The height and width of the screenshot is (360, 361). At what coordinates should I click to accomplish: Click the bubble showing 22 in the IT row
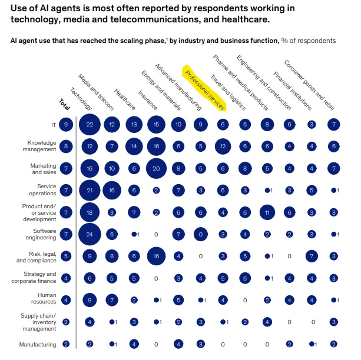(90, 125)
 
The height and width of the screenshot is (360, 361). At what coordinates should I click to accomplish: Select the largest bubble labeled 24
(90, 234)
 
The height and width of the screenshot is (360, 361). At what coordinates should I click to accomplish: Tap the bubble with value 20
(157, 168)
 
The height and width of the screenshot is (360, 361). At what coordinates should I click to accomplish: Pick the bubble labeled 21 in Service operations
(90, 190)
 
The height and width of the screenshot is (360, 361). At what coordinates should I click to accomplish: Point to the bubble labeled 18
(90, 212)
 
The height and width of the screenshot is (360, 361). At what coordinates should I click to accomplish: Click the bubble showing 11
(268, 212)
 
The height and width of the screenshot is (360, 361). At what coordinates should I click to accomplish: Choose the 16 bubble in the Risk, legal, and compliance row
(157, 256)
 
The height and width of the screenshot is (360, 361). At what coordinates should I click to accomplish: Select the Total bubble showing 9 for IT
(67, 125)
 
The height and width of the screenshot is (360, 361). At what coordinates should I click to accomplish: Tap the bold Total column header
(64, 104)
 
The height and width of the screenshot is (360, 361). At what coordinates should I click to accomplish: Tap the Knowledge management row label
(41, 146)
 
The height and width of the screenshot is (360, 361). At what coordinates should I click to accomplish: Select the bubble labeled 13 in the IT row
(134, 125)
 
